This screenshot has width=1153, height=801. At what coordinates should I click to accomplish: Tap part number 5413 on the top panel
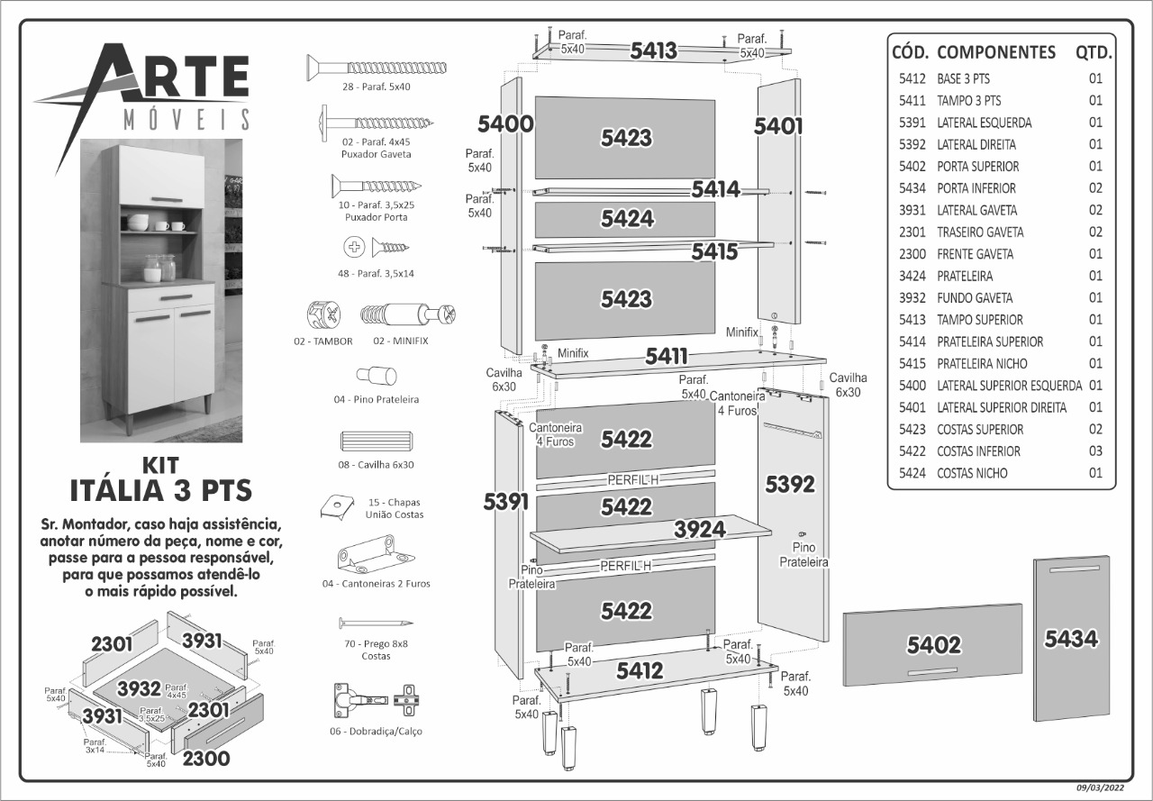click(x=653, y=50)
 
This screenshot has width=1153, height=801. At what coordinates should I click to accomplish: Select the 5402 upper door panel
click(x=933, y=644)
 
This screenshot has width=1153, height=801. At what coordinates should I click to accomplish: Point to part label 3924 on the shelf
click(x=700, y=529)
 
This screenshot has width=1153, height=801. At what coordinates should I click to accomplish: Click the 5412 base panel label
click(x=640, y=670)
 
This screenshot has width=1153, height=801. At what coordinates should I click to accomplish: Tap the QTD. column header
click(x=1094, y=51)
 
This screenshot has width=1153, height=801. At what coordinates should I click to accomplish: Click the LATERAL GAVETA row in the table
click(x=976, y=210)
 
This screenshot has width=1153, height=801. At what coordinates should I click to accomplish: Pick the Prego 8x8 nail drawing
click(x=375, y=624)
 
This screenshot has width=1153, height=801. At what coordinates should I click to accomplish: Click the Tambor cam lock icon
click(x=324, y=316)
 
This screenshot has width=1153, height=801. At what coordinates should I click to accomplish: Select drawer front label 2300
click(x=206, y=759)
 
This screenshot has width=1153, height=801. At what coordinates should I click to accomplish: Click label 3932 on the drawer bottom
click(x=139, y=689)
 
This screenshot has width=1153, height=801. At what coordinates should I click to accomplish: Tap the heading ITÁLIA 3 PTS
click(x=160, y=491)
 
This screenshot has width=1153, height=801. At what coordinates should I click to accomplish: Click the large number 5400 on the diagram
click(x=505, y=124)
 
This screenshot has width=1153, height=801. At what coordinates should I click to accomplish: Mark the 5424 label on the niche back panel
click(x=627, y=219)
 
